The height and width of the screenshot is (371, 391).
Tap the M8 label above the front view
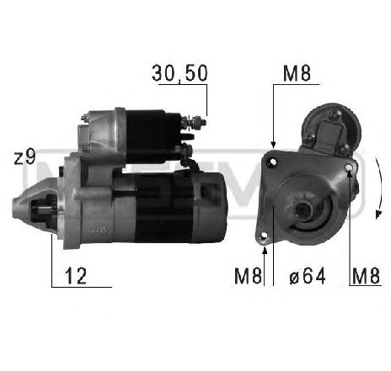pos(296,73)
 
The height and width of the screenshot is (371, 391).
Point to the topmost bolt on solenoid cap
pos(335,114)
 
